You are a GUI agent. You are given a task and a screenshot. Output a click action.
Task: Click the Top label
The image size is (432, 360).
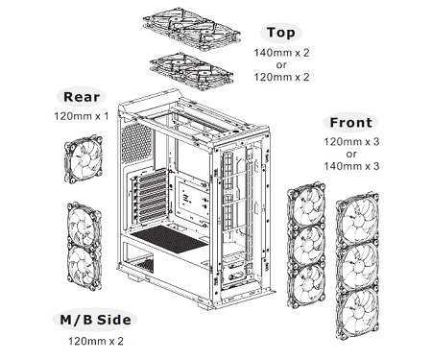click(x=280, y=33)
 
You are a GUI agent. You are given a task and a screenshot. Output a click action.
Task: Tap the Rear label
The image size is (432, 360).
click(x=82, y=97)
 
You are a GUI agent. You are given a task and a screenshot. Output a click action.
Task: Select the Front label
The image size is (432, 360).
click(x=350, y=122)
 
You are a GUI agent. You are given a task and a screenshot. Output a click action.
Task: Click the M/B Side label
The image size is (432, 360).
click(x=95, y=320)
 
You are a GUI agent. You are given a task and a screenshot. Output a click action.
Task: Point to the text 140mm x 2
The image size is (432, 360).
click(x=281, y=53)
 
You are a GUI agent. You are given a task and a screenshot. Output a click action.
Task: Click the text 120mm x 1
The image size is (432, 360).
click(x=82, y=116)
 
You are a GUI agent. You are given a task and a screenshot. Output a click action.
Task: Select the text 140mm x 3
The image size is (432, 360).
click(x=351, y=166)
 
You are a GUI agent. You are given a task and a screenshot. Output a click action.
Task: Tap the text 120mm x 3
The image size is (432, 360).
click(x=351, y=141)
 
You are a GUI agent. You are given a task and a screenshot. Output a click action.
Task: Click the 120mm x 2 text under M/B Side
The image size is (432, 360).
click(x=95, y=341)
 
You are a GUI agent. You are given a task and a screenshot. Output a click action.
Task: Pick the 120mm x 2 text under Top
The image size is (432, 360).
click(x=281, y=77)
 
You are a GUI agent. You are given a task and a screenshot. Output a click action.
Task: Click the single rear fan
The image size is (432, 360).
click(x=84, y=159)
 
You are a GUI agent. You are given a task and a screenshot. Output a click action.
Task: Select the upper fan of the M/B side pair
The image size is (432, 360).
click(x=84, y=225)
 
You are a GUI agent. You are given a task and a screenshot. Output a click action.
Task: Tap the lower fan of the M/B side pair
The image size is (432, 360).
click(x=84, y=267)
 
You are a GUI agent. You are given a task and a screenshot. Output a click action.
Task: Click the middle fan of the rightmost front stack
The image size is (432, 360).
click(x=358, y=265)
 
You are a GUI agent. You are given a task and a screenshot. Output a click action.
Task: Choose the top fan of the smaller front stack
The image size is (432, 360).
click(x=306, y=205)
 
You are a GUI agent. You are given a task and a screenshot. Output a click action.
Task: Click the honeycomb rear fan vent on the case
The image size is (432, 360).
click(x=136, y=143)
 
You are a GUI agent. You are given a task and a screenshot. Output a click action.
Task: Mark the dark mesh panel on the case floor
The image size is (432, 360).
click(x=169, y=239)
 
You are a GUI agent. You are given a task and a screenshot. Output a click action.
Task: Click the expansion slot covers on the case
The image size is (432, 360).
click(x=153, y=197)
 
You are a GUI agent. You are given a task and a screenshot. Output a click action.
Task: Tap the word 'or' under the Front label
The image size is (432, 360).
click(x=351, y=154)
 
